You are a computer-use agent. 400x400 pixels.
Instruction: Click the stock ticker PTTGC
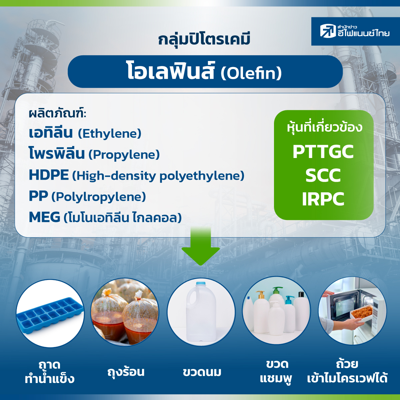(x=323, y=152)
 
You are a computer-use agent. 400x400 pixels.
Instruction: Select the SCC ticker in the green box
(x=323, y=175)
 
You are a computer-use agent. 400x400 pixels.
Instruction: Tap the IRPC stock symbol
(x=323, y=199)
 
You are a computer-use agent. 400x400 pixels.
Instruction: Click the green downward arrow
(x=201, y=246)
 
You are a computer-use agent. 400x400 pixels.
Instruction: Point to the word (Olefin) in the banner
(x=251, y=73)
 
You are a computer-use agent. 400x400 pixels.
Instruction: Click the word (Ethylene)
(x=110, y=133)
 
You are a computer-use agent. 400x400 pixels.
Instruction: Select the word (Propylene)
(x=124, y=155)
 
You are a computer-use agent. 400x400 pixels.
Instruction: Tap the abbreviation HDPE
(x=49, y=175)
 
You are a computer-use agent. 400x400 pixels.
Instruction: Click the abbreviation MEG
(x=44, y=217)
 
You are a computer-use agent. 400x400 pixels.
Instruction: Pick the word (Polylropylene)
(x=99, y=197)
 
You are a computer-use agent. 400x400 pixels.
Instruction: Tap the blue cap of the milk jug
(x=200, y=284)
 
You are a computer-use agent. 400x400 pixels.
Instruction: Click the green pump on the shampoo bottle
(x=277, y=290)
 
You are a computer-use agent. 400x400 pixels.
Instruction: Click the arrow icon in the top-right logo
(x=328, y=31)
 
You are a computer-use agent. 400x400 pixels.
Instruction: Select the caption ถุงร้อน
(x=126, y=372)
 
